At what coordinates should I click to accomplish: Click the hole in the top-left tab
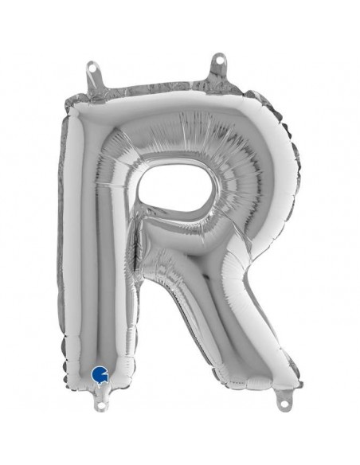93,68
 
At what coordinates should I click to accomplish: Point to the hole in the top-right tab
220,60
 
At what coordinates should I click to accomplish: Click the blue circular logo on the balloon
100,373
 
